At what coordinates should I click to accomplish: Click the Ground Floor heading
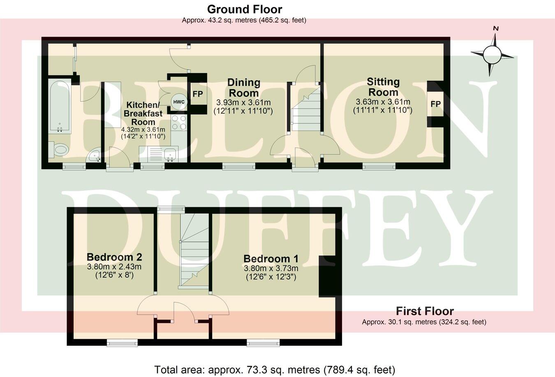click(244, 9)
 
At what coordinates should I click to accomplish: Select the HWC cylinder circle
click(179, 101)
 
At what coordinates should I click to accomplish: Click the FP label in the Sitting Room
click(435, 104)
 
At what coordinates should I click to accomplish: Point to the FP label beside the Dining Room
click(198, 94)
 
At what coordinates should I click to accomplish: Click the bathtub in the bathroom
click(60, 107)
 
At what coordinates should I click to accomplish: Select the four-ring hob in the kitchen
click(180, 122)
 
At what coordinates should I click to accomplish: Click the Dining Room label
click(244, 87)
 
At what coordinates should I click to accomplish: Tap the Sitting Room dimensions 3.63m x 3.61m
click(383, 102)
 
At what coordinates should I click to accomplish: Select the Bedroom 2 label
click(114, 257)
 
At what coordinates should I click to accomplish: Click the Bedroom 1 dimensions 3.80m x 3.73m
click(271, 268)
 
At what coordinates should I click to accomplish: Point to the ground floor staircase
click(305, 110)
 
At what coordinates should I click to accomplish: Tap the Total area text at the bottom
click(275, 369)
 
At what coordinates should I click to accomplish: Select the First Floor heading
click(425, 311)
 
